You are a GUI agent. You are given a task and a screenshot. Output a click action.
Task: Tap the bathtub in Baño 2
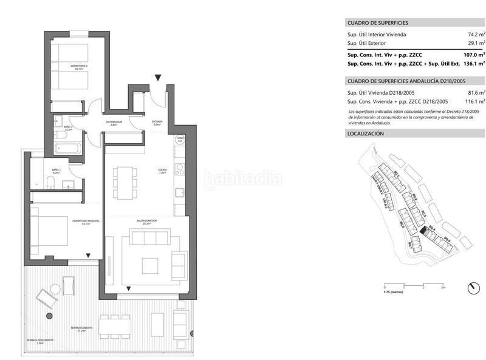67,148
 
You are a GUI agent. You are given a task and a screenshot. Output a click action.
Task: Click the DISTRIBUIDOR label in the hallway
114,123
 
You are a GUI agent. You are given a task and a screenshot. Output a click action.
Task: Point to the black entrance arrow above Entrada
158,77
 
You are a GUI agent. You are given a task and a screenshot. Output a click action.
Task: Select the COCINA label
162,171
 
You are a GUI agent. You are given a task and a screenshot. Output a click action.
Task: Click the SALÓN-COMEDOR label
145,222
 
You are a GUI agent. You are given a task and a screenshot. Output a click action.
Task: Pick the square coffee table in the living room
150,266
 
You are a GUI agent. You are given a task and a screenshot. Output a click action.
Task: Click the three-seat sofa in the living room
179,265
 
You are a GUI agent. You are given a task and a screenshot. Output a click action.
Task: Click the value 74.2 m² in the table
474,35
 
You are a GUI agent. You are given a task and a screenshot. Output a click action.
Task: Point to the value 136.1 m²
473,63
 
